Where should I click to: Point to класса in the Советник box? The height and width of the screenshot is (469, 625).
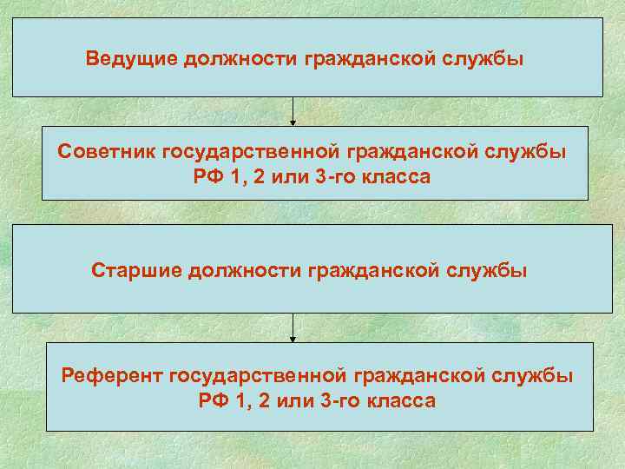(391, 176)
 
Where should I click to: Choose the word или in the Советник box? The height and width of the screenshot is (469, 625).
(285, 176)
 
